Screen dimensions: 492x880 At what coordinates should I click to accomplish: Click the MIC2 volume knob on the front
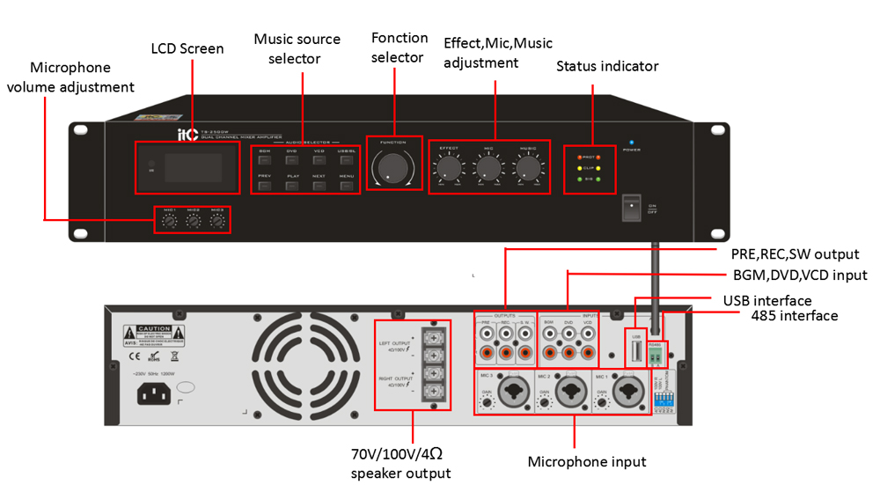point(193,221)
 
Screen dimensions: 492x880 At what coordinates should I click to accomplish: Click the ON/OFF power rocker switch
point(632,207)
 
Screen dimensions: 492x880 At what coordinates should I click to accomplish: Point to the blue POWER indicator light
point(631,142)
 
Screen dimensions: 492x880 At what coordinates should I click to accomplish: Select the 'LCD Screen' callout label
point(187,48)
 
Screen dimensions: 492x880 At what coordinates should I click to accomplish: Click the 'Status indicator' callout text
point(607,66)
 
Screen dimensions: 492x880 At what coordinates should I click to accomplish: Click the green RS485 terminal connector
point(656,356)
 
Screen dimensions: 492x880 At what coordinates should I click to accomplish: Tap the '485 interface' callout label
point(794,315)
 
